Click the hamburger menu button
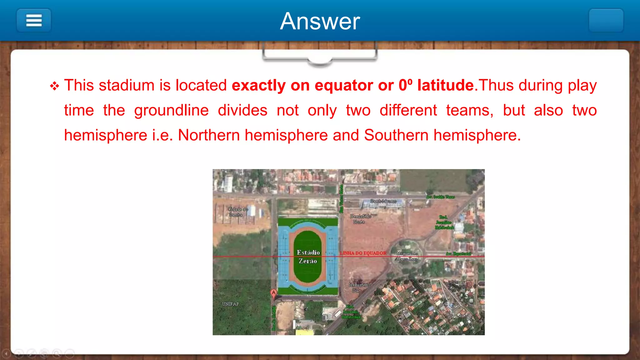pos(34,21)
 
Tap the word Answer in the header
pos(320,21)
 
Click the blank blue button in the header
pos(606,21)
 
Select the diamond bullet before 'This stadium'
pos(54,86)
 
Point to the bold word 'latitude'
pos(445,85)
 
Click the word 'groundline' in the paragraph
pos(171,110)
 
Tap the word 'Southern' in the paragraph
pos(396,135)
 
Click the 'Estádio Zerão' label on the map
pos(308,257)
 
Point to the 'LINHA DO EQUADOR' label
pos(363,253)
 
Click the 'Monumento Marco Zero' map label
pos(407,256)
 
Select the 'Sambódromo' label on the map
pos(383,201)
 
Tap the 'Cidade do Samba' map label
pos(237,212)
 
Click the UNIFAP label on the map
pos(231,304)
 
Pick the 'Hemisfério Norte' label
pos(360,219)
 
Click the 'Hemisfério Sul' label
pos(359,287)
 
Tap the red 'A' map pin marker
pos(273,293)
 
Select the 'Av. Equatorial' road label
pos(458,254)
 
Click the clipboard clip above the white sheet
pos(320,56)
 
